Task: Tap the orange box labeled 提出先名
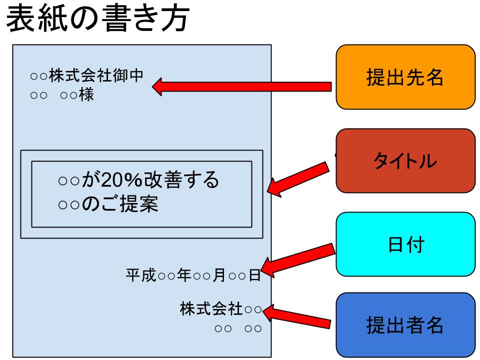pyautogui.click(x=405, y=77)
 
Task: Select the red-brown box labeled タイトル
pyautogui.click(x=405, y=160)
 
